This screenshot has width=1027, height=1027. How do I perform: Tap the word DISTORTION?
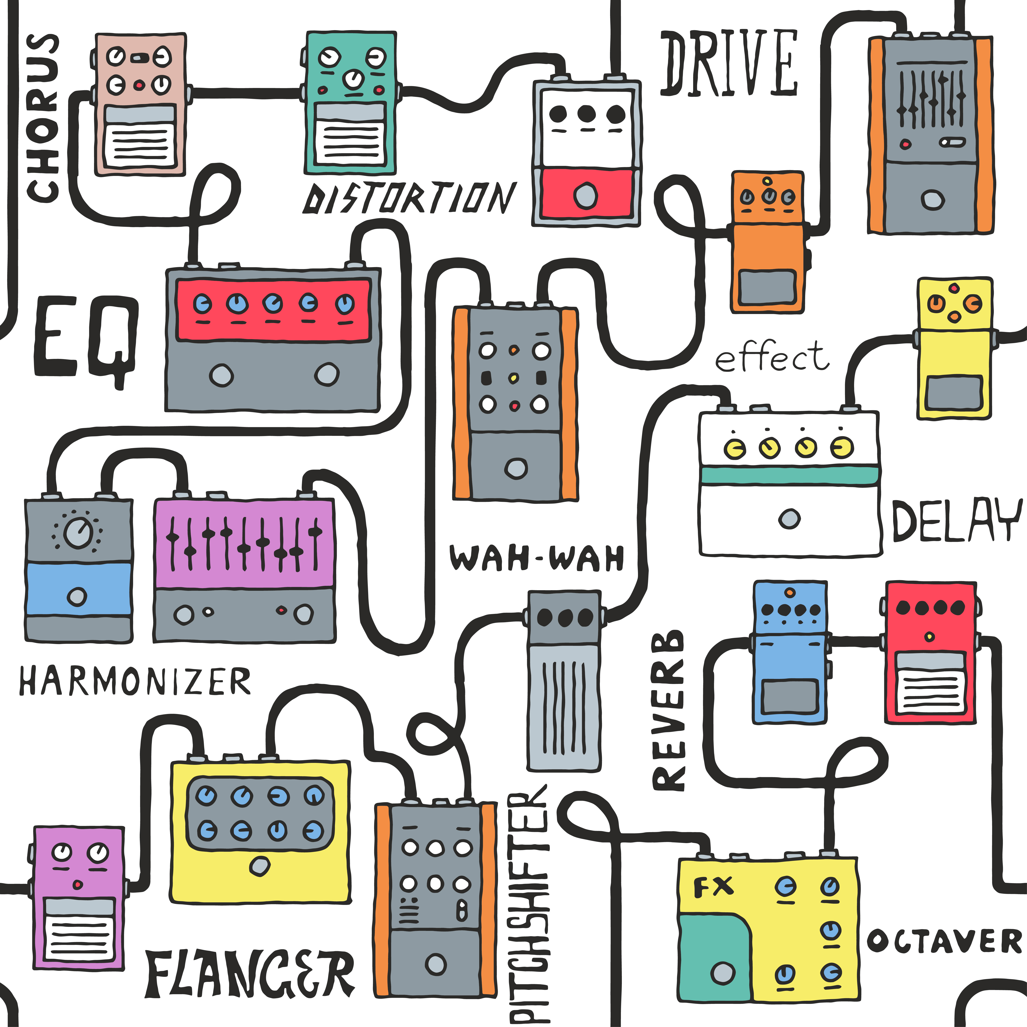point(409,198)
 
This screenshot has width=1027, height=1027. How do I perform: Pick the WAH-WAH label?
point(537,559)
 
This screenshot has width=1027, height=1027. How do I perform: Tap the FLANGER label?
point(250,974)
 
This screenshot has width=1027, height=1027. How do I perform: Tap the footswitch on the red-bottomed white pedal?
point(586,195)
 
